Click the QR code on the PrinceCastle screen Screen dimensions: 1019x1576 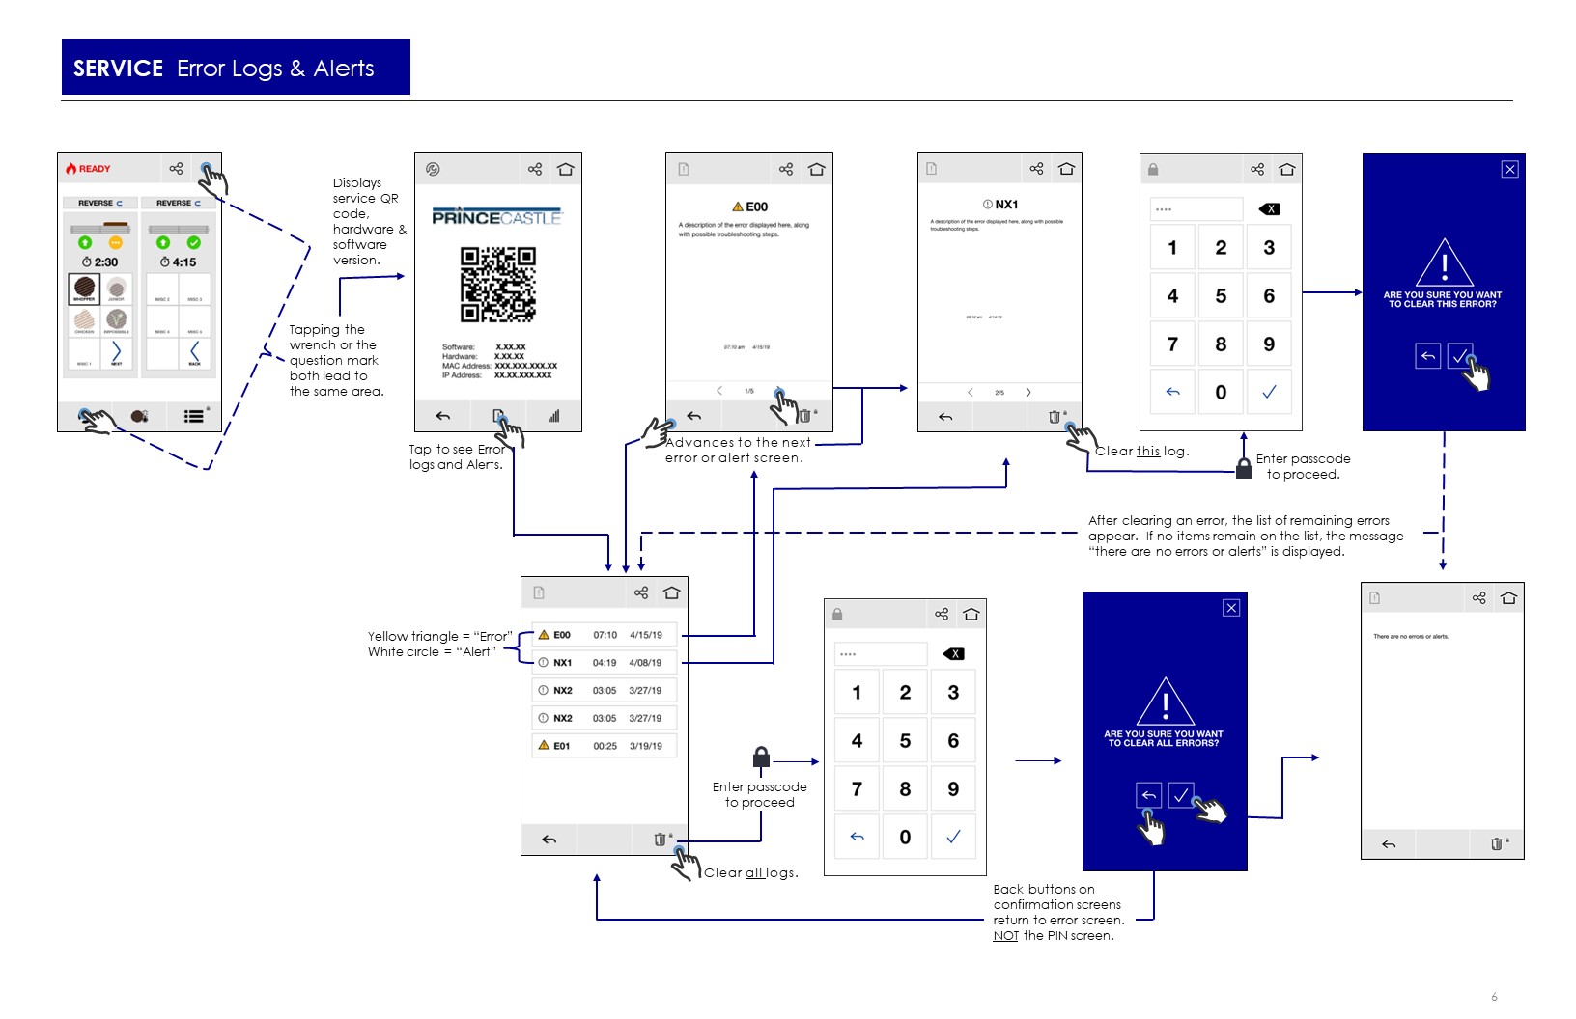497,284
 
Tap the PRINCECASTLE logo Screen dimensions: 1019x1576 496,217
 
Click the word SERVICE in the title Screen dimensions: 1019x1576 118,69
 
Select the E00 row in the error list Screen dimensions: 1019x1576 605,635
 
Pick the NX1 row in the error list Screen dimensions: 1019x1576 605,663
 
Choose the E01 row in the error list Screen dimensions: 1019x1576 605,746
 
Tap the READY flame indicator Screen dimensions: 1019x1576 88,169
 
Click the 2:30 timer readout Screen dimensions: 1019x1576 100,262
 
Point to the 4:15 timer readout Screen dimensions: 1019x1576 179,262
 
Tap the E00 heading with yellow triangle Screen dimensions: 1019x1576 750,207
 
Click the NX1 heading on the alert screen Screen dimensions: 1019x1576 1000,205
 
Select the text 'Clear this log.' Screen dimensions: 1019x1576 1141,451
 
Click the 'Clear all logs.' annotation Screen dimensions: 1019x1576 750,872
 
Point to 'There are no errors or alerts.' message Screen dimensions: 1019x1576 1411,637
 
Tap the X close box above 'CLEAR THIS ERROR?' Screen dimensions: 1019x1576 1509,170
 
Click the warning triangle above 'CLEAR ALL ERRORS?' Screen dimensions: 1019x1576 1165,702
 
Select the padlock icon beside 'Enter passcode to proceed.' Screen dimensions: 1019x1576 1245,468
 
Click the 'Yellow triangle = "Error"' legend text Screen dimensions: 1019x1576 439,636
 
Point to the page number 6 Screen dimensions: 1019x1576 1494,997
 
